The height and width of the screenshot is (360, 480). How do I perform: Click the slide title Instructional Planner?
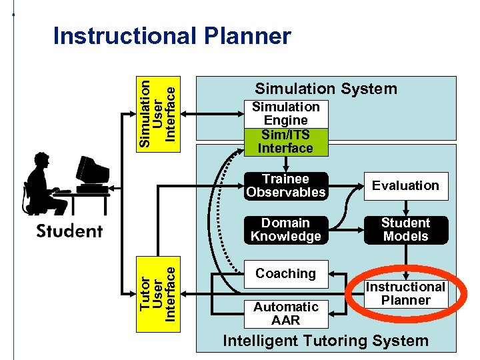[172, 36]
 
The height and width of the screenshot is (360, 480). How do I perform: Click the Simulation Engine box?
[285, 113]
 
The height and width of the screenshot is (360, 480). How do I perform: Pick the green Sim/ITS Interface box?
[285, 141]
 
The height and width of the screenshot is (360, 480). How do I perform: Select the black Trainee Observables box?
[285, 186]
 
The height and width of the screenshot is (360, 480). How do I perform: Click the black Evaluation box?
[405, 186]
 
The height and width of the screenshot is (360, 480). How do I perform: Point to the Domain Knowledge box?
[285, 230]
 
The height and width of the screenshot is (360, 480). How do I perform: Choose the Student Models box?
[405, 230]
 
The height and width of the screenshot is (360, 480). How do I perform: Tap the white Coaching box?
[285, 273]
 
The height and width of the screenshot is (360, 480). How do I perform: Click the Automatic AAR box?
[285, 313]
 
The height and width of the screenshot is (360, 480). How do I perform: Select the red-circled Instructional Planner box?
[405, 293]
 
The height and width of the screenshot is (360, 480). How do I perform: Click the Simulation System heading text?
[326, 89]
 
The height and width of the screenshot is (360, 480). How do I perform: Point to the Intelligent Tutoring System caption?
[325, 341]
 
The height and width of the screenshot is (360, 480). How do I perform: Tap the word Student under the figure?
[69, 231]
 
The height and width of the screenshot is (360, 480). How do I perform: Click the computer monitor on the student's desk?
[92, 171]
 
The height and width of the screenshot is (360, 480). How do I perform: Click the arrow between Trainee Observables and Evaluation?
[347, 186]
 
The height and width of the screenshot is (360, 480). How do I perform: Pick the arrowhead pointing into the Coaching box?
[333, 273]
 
